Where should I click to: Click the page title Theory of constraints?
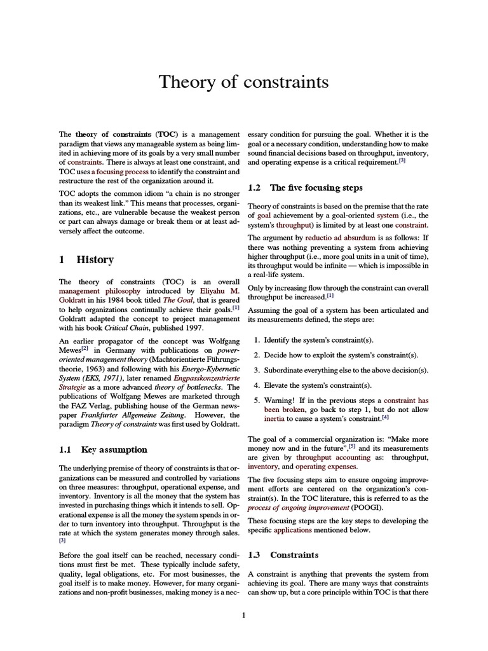pos(243,82)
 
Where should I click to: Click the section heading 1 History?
pos(86,259)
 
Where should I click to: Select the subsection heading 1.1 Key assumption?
pos(103,449)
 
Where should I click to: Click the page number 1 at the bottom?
pos(243,614)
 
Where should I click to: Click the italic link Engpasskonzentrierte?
pos(207,377)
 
